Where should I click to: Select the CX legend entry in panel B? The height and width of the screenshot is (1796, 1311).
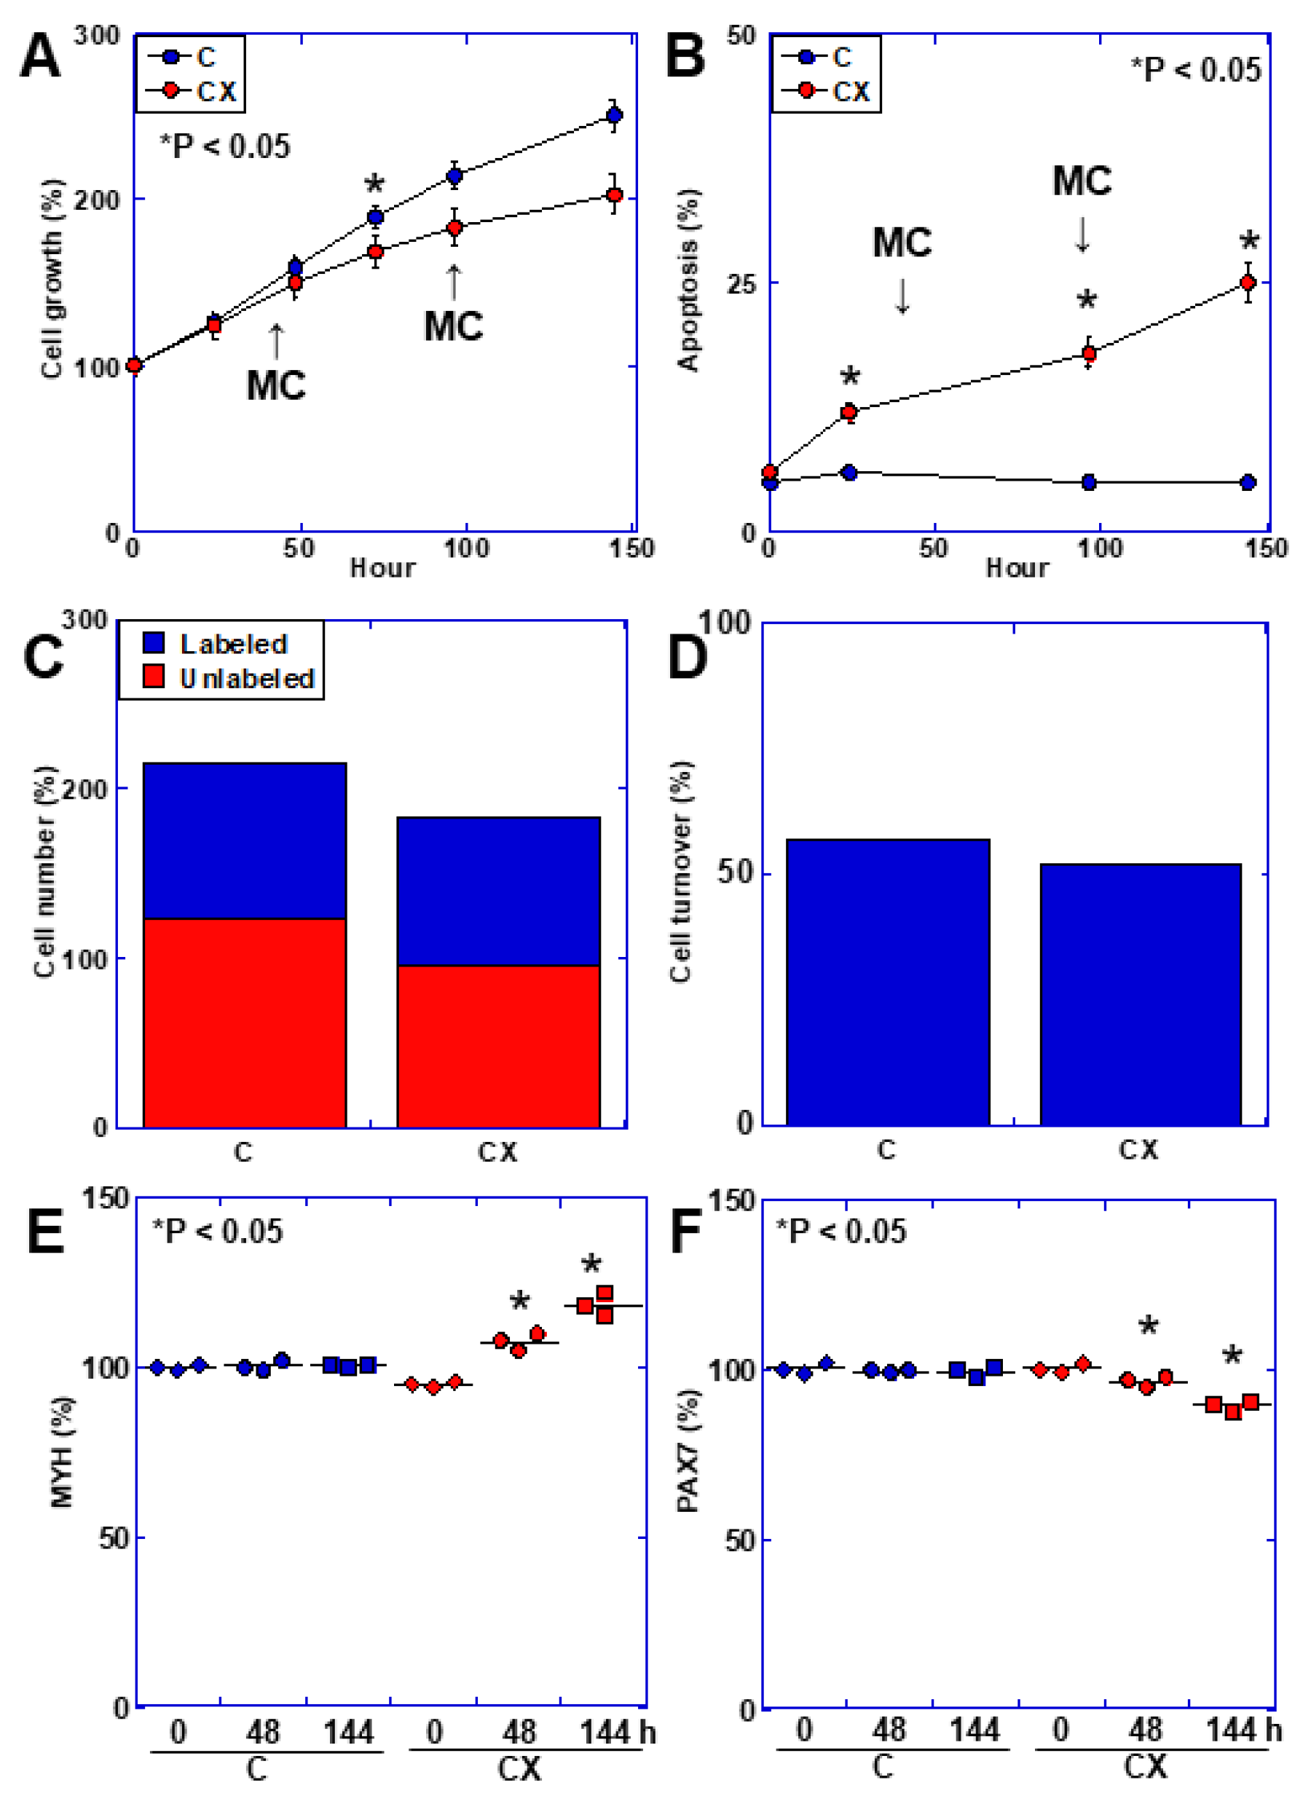[826, 91]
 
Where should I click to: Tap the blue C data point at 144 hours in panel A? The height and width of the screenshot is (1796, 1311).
[613, 115]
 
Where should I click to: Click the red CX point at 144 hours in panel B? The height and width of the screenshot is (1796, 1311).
[1248, 283]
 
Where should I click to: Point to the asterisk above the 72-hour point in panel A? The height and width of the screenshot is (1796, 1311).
[374, 186]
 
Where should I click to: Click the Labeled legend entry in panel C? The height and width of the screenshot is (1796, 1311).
[215, 644]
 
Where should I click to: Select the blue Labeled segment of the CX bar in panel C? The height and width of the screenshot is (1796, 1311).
[498, 891]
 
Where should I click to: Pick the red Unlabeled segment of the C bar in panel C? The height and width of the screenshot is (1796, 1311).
[245, 1023]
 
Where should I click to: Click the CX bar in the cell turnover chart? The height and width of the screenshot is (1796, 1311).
[1141, 994]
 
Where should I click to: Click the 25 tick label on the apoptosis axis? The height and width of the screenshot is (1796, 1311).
[742, 283]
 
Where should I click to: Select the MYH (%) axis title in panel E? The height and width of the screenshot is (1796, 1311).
[61, 1452]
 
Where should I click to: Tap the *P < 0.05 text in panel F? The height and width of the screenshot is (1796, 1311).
[840, 1231]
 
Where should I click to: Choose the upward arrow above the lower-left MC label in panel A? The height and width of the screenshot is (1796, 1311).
[276, 342]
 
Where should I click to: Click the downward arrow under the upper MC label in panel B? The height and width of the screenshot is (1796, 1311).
[1082, 235]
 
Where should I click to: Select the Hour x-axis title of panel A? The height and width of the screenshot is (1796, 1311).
[382, 568]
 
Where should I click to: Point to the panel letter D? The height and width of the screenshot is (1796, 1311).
[688, 656]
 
